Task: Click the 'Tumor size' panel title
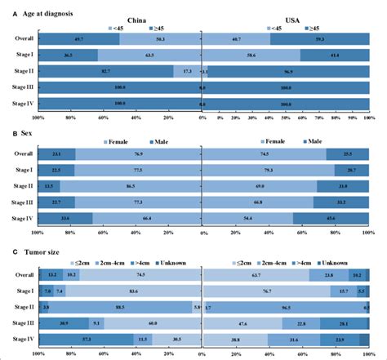tap(39, 252)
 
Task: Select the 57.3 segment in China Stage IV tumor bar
tap(86, 339)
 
